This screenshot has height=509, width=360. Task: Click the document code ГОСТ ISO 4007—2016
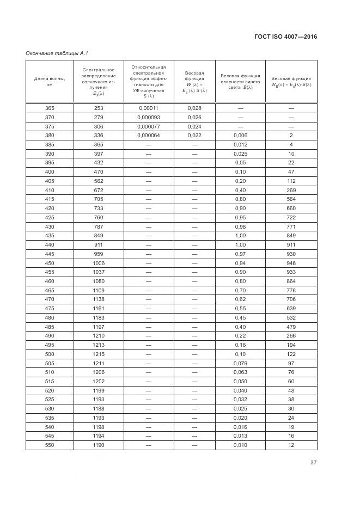285,37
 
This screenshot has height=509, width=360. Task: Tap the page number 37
313,463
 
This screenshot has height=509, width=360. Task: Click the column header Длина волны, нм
50,81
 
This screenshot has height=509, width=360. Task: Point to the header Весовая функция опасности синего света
240,81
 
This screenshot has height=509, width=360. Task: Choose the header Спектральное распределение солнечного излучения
98,81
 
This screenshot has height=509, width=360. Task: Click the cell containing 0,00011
148,108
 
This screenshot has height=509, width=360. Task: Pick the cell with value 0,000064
148,136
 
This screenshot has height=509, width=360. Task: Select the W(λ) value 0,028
194,108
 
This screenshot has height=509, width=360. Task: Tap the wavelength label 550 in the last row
50,445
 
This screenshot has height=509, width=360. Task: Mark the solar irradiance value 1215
98,354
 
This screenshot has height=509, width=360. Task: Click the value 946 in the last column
291,263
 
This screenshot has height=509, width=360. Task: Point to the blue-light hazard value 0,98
240,226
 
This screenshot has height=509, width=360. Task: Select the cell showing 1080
98,281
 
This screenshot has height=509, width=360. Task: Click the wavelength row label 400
50,172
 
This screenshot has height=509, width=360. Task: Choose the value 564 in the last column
291,199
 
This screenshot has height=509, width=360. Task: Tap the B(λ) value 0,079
240,363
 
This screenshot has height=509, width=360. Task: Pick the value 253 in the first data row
98,108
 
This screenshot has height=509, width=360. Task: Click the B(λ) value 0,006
240,136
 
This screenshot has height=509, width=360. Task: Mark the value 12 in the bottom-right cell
291,445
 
